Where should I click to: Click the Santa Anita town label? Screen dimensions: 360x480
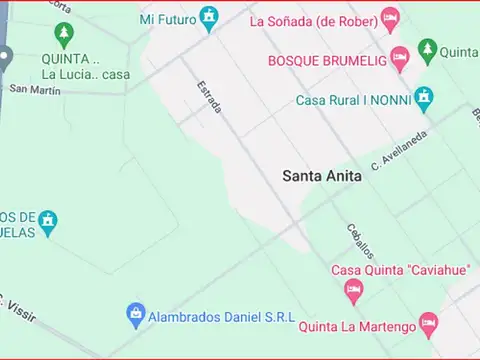[x=321, y=175]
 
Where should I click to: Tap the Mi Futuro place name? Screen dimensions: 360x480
[x=167, y=18]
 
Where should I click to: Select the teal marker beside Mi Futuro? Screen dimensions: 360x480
[x=208, y=17]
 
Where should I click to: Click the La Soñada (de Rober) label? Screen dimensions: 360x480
[x=313, y=19]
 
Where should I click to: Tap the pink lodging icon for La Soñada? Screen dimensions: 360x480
[x=390, y=18]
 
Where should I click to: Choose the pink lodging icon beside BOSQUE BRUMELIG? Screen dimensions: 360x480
[x=399, y=58]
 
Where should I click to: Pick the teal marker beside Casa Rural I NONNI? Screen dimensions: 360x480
[x=424, y=97]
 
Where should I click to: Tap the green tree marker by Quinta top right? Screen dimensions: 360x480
[x=427, y=49]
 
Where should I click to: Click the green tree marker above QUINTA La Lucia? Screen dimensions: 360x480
[x=64, y=35]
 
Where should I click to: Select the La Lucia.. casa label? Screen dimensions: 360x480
[x=85, y=74]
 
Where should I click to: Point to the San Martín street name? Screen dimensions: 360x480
[x=35, y=89]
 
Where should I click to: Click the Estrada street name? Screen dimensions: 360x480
[x=208, y=97]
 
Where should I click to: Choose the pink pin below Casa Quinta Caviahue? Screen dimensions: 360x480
[x=352, y=291]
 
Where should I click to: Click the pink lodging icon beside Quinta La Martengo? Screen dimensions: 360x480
[x=428, y=323]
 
